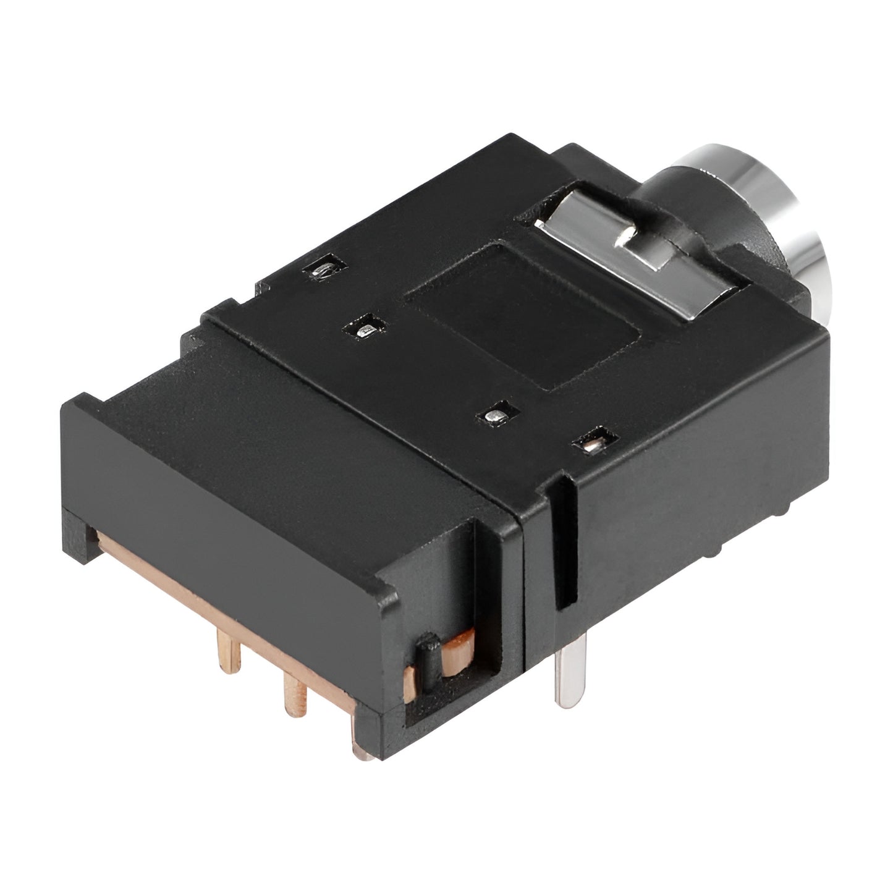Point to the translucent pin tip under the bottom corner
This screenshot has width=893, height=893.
point(365,750)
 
